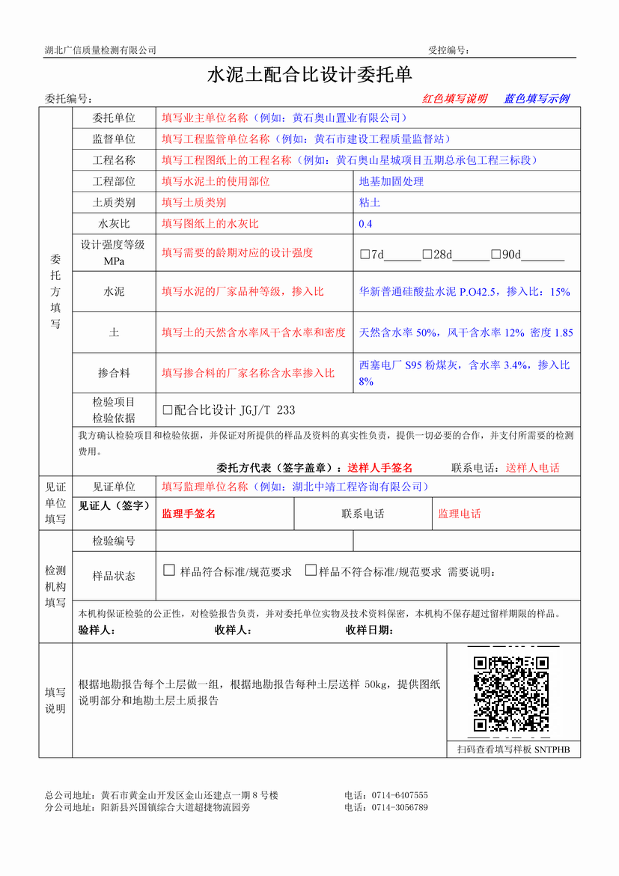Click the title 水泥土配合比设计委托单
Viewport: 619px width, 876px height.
[x=309, y=75]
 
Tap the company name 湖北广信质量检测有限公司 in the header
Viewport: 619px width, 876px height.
[x=100, y=50]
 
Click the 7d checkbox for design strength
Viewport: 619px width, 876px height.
[x=365, y=255]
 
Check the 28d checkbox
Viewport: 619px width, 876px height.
[x=427, y=255]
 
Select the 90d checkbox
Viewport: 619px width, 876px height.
[x=495, y=255]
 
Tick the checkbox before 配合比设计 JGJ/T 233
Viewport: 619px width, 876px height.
[x=167, y=410]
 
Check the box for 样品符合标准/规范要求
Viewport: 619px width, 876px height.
[x=169, y=571]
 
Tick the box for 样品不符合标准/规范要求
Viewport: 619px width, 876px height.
[x=311, y=571]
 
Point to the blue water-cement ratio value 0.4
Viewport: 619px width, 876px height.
[x=365, y=224]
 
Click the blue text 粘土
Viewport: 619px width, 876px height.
[x=370, y=203]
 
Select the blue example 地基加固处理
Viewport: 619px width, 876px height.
[x=391, y=181]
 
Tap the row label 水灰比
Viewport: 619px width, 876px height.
[x=114, y=224]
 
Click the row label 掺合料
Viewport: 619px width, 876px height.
[x=114, y=372]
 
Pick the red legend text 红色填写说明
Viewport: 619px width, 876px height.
[x=455, y=99]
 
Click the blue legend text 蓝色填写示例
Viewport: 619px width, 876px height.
[x=537, y=99]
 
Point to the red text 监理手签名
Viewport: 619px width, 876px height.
[x=189, y=514]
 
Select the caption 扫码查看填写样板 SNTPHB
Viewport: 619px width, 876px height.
[x=513, y=749]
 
